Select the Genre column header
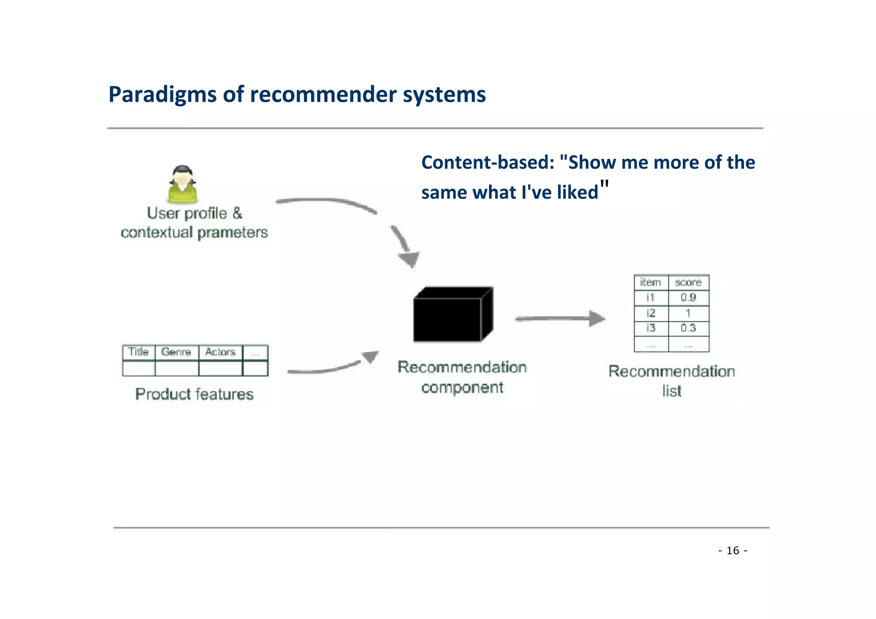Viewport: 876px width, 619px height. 176,352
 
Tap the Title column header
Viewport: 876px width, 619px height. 138,352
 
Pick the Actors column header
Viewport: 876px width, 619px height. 220,352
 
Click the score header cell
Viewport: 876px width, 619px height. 688,282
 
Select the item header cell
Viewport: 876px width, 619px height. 650,282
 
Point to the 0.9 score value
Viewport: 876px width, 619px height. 688,297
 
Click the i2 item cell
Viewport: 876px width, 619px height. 650,313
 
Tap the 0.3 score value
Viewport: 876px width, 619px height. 688,328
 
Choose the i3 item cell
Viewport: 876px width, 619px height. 650,328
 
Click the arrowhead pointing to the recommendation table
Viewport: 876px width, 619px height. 596,318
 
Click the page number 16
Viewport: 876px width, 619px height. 733,551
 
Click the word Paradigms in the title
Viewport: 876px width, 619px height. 163,95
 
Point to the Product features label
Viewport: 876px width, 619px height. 194,394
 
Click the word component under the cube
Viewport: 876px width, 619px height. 462,388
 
